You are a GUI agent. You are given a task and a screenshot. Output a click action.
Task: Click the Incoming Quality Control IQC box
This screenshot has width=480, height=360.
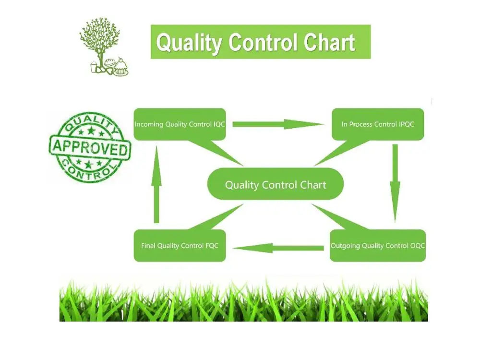tap(179, 124)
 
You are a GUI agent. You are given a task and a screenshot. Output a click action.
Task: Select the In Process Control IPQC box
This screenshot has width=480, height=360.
tap(378, 124)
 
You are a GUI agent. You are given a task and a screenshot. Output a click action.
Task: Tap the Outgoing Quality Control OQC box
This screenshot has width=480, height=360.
tap(378, 246)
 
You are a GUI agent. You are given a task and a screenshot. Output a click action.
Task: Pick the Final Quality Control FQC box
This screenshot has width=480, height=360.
tap(179, 246)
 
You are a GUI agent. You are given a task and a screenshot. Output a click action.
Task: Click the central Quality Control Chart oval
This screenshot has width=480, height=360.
tap(276, 185)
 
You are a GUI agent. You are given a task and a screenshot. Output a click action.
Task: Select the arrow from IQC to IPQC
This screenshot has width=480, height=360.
tap(278, 124)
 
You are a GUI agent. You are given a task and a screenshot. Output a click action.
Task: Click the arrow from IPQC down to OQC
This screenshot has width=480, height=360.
tap(395, 182)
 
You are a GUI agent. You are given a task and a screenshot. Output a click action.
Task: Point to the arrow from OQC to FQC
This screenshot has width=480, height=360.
tap(278, 248)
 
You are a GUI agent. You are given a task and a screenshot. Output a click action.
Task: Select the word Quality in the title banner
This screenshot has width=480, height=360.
tap(189, 43)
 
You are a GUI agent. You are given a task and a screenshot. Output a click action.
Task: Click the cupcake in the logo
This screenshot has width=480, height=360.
tap(120, 67)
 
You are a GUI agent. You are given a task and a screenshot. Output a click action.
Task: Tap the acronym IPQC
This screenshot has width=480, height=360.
tap(406, 124)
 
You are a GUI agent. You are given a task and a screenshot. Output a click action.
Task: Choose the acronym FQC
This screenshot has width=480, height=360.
tap(212, 246)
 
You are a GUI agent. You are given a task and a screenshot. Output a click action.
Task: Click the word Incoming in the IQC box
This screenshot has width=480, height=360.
tap(149, 124)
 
